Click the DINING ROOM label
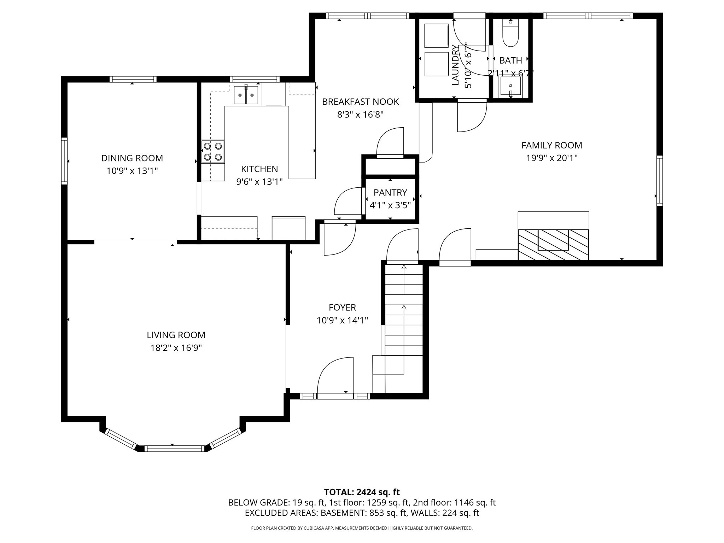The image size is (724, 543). [x=132, y=158]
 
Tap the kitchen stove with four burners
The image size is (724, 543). [x=213, y=151]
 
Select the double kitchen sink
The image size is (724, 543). [x=246, y=95]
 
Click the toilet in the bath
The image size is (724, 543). [x=510, y=35]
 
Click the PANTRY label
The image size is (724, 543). [x=390, y=192]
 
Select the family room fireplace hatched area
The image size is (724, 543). [x=553, y=244]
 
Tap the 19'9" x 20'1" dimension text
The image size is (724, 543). [x=551, y=158]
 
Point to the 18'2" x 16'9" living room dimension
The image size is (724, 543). [x=176, y=348]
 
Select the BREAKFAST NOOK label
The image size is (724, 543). [x=360, y=102]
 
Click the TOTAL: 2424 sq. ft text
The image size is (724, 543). [x=362, y=492]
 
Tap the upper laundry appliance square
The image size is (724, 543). [x=436, y=35]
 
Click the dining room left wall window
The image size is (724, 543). [x=64, y=161]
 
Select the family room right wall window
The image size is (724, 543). [x=659, y=180]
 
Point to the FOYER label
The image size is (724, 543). [x=342, y=307]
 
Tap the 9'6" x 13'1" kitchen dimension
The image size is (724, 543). [x=259, y=182]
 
